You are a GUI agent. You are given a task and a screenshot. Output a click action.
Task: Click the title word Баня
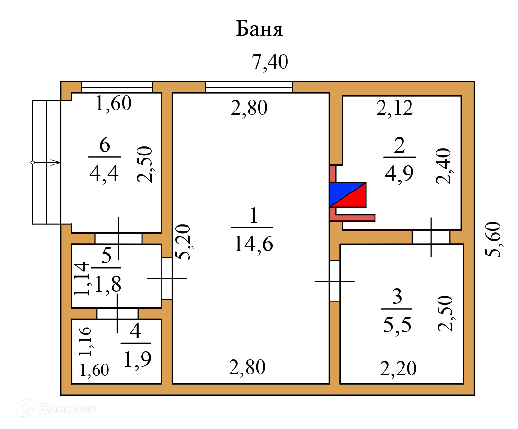click(x=259, y=29)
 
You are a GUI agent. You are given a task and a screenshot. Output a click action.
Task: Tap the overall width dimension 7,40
click(x=270, y=62)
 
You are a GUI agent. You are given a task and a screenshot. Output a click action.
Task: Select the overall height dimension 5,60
click(x=495, y=239)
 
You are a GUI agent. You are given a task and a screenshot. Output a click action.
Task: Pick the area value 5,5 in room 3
click(x=397, y=325)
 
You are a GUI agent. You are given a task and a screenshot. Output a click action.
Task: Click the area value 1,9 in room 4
click(x=137, y=360)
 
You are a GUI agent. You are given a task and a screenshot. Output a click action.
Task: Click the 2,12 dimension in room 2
click(x=395, y=109)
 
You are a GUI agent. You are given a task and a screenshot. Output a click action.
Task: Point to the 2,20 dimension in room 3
click(x=398, y=367)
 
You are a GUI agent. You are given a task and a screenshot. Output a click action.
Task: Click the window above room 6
click(x=117, y=87)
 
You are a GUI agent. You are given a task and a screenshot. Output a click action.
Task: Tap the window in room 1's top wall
click(x=249, y=87)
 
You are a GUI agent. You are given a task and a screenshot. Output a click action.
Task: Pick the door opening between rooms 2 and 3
click(x=430, y=237)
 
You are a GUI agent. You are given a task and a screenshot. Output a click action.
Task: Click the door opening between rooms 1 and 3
click(x=334, y=281)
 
